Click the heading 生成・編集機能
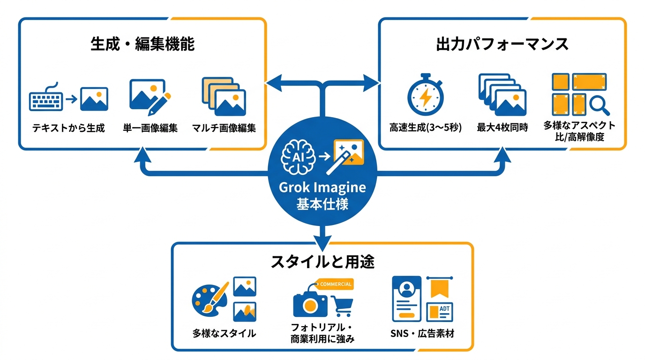(x=142, y=44)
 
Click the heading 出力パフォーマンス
(x=502, y=44)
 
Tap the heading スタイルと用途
(x=322, y=262)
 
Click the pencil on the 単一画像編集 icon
(x=159, y=104)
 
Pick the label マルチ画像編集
(x=224, y=128)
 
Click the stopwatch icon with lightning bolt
(x=425, y=95)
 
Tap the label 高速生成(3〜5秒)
(x=425, y=127)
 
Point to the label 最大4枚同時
(x=502, y=127)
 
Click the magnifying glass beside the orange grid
(x=600, y=105)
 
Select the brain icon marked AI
(x=298, y=157)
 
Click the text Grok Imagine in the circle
(x=322, y=188)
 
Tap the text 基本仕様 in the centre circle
(x=322, y=204)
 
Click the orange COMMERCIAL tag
(x=335, y=284)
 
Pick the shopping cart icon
(x=342, y=306)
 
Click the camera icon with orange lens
(x=310, y=304)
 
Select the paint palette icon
(x=209, y=300)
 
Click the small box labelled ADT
(x=439, y=312)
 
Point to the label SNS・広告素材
(x=422, y=333)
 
